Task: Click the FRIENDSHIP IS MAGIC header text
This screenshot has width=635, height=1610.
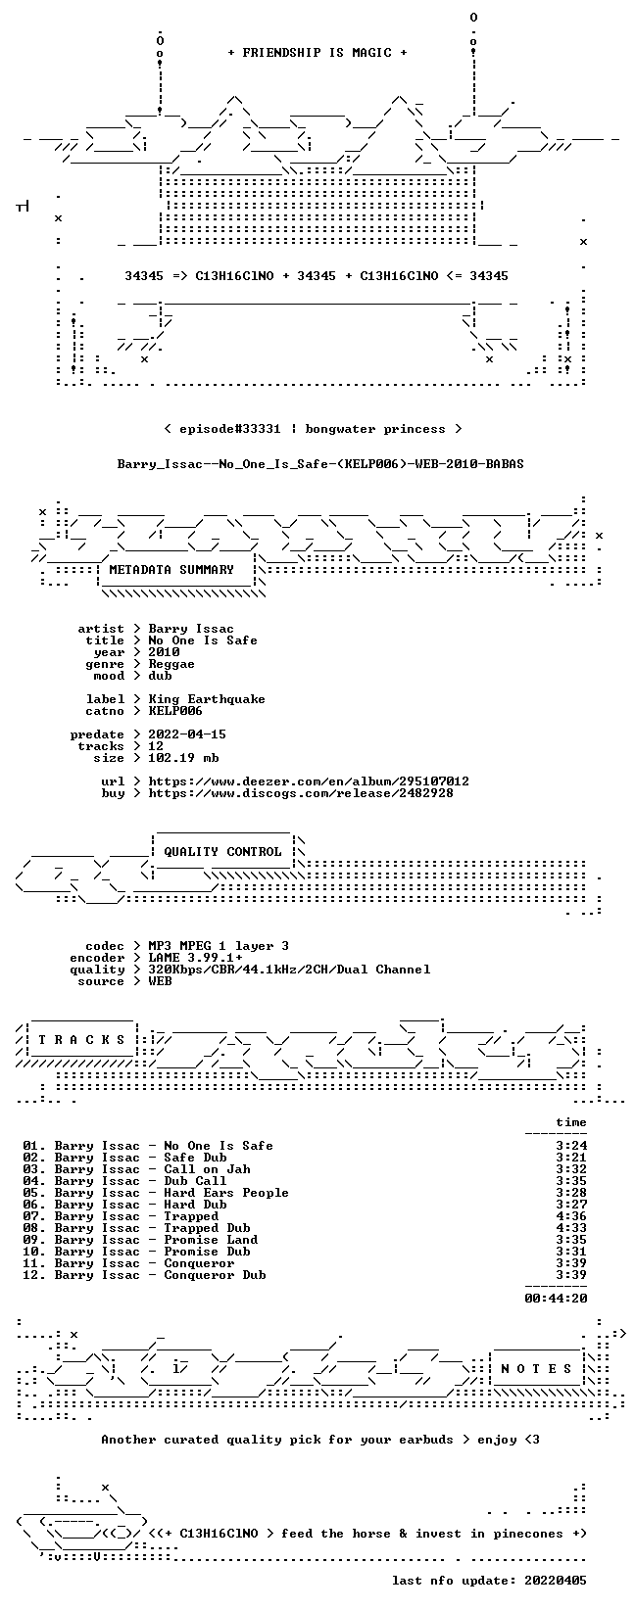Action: click(x=317, y=53)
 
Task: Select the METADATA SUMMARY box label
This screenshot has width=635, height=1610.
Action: click(x=171, y=570)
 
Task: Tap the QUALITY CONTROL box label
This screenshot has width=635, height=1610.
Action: click(x=222, y=852)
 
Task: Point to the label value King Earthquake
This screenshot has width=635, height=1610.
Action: click(x=207, y=699)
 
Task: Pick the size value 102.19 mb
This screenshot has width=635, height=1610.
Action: click(x=183, y=758)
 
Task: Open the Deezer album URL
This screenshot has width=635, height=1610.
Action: click(x=309, y=781)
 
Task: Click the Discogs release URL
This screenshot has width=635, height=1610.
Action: click(x=301, y=793)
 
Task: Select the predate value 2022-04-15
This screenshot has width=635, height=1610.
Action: click(x=187, y=734)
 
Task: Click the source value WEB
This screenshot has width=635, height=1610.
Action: click(x=160, y=982)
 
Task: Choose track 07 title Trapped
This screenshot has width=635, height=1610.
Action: click(x=191, y=1217)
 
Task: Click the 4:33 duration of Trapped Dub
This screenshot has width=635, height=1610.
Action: click(x=571, y=1228)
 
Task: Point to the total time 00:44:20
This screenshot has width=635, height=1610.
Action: click(x=556, y=1299)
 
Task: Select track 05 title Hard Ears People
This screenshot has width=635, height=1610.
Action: click(x=226, y=1193)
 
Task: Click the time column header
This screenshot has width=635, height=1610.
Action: click(x=571, y=1122)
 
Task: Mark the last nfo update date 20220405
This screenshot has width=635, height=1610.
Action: click(x=556, y=1581)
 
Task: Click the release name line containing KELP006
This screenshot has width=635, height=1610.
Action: click(x=320, y=464)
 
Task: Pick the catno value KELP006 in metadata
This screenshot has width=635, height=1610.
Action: click(x=175, y=712)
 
